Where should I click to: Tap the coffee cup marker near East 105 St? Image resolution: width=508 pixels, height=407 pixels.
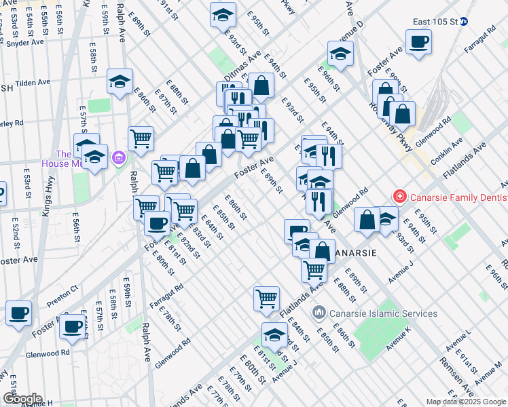pyautogui.click(x=418, y=41)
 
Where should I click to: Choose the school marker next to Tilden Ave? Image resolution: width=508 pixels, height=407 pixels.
pyautogui.click(x=120, y=82)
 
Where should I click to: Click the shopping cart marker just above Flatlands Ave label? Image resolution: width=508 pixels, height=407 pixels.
pyautogui.click(x=266, y=297)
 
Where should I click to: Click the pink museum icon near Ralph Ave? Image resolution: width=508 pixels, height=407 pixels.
pyautogui.click(x=120, y=158)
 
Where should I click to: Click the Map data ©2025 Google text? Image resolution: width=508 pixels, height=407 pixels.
pyautogui.click(x=466, y=402)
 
